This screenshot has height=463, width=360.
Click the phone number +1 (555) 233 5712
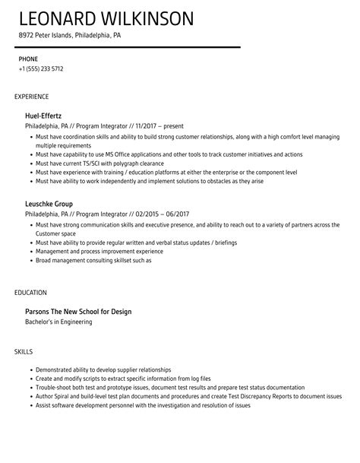[42, 68]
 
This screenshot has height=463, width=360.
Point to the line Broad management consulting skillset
[93, 260]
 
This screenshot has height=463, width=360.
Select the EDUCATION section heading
[31, 293]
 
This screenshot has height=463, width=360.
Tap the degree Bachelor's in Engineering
[58, 322]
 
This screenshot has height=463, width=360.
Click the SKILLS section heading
[24, 351]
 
